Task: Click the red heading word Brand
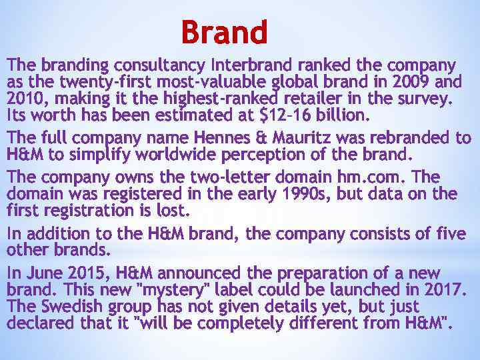[x=224, y=32]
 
